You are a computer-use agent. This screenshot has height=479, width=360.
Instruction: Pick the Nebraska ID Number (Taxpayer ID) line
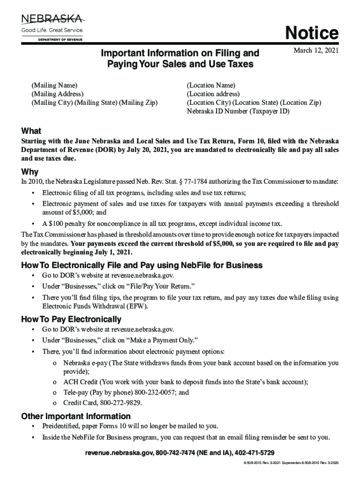(x=238, y=111)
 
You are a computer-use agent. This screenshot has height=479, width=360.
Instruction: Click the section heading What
(x=31, y=131)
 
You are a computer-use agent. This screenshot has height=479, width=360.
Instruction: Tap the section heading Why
(x=30, y=172)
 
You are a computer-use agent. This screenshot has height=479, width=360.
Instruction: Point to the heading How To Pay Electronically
(x=72, y=319)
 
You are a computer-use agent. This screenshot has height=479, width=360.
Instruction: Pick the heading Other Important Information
(x=76, y=416)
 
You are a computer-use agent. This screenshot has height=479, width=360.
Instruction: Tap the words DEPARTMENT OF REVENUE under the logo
(x=60, y=40)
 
